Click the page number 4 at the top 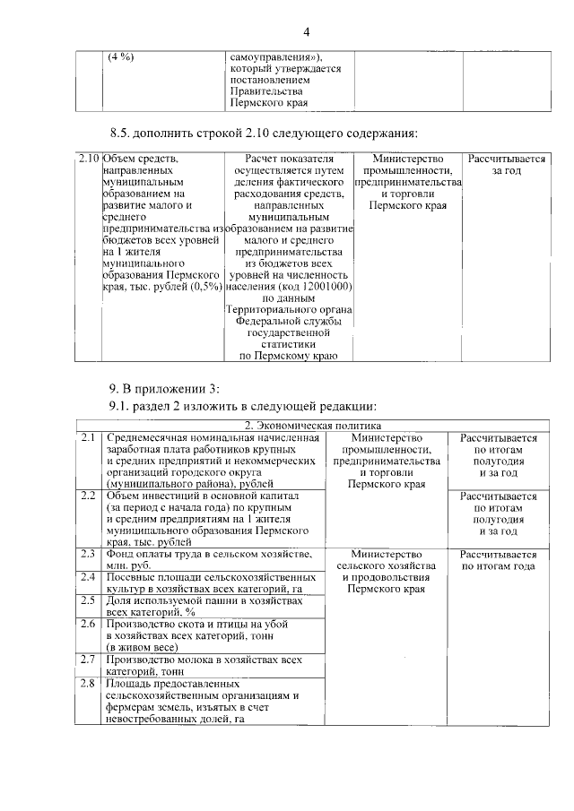[x=306, y=32]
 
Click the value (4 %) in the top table [x=120, y=56]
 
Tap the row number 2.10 [x=87, y=159]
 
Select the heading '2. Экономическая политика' [x=314, y=425]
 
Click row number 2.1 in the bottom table [x=87, y=437]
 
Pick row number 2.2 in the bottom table [x=87, y=496]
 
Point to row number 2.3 [x=87, y=554]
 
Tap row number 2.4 [x=87, y=577]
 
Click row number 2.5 [x=87, y=600]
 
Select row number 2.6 [x=87, y=624]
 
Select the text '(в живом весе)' [x=143, y=647]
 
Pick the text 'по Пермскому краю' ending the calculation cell [x=288, y=357]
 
